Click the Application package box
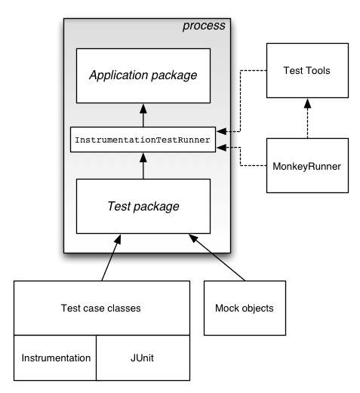143,75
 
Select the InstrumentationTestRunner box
143,140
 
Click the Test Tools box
306,70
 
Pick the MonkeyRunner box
306,164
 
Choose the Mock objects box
245,308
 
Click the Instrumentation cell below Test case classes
56,358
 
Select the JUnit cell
143,358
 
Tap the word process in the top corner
204,26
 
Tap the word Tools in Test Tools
318,70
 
